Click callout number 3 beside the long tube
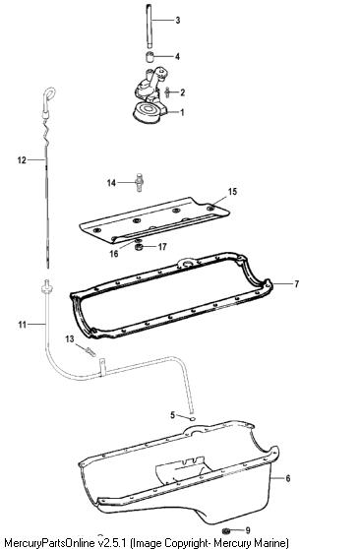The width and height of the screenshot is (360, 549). point(178,21)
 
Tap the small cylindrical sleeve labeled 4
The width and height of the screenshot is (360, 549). point(150,56)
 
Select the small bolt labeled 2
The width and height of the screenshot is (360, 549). point(167,92)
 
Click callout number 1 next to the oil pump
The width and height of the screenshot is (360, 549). point(182,112)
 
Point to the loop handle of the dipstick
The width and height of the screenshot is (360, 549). point(49,95)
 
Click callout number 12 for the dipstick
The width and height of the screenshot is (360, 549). point(22,160)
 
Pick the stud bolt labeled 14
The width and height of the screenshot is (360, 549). point(139,182)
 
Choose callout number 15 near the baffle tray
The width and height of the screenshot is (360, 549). point(232,192)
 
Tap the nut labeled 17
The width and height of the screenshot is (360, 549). point(139,248)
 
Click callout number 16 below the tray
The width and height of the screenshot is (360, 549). point(114,254)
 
